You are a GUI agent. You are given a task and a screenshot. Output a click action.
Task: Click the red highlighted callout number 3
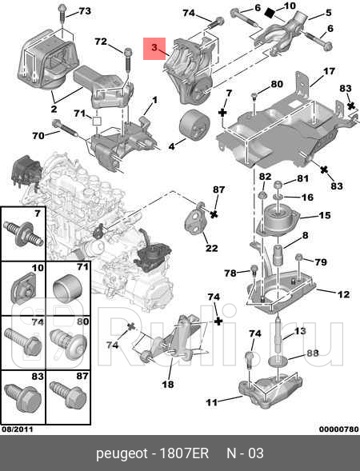point(154,47)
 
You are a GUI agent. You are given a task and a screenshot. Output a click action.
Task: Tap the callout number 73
point(85,11)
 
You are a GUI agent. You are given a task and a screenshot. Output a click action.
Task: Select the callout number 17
point(330,71)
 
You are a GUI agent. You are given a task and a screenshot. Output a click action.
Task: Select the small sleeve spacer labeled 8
point(278,255)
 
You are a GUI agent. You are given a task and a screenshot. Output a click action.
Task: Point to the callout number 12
point(344,294)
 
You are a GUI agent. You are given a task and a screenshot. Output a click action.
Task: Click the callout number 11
point(211,402)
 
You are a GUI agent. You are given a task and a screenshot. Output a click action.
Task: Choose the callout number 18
point(168,384)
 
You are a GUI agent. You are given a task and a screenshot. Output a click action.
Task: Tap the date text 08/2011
point(17,429)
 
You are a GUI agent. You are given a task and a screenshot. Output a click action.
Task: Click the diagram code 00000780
point(339,429)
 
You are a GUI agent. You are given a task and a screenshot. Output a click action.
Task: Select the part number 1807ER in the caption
point(184,453)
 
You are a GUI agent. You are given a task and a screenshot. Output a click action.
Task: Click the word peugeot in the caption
point(122,454)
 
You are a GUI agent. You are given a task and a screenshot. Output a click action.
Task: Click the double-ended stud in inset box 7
point(23,234)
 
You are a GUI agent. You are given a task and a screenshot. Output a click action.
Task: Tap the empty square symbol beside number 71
point(97,121)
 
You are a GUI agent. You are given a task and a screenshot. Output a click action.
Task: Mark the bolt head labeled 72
point(128,52)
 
